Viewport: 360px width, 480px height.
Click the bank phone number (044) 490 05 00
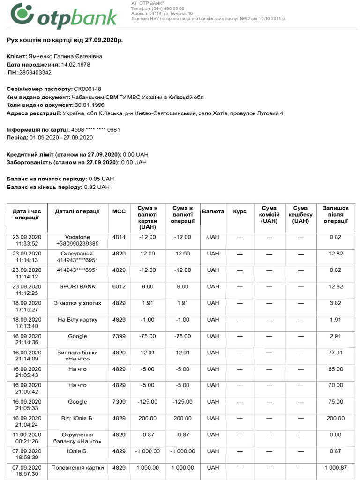pyautogui.click(x=165, y=8)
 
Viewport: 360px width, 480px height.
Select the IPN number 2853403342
pyautogui.click(x=36, y=72)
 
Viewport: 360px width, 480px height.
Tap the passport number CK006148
pyautogui.click(x=87, y=89)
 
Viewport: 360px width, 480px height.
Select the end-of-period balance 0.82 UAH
pyautogui.click(x=97, y=187)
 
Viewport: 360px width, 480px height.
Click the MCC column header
pyautogui.click(x=119, y=211)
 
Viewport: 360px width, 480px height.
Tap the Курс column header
pyautogui.click(x=240, y=211)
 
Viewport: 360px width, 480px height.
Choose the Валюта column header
pyautogui.click(x=213, y=211)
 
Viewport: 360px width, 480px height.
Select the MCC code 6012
pyautogui.click(x=119, y=286)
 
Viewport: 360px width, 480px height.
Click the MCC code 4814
pyautogui.click(x=119, y=237)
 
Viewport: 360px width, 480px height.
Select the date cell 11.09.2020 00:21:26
pyautogui.click(x=27, y=438)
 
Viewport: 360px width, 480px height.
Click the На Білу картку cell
pyautogui.click(x=77, y=320)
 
